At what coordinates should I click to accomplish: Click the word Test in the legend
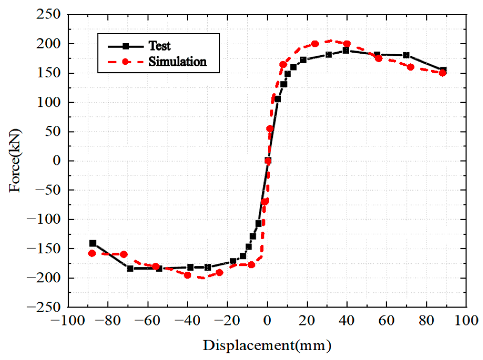pyautogui.click(x=160, y=46)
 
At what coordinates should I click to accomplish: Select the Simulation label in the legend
pyautogui.click(x=177, y=62)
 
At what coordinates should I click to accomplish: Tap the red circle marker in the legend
pyautogui.click(x=126, y=62)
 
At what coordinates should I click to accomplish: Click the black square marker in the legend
pyautogui.click(x=126, y=46)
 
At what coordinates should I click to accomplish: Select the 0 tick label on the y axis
pyautogui.click(x=57, y=161)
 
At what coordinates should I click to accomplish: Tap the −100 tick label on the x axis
pyautogui.click(x=68, y=321)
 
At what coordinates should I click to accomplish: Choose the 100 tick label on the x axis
pyautogui.click(x=466, y=321)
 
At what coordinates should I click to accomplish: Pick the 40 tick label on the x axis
pyautogui.click(x=347, y=321)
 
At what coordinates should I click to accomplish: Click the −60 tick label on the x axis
pyautogui.click(x=148, y=321)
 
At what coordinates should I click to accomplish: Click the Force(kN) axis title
pyautogui.click(x=15, y=161)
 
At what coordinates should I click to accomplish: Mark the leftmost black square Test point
pyautogui.click(x=93, y=243)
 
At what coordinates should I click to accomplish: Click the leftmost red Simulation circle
pyautogui.click(x=92, y=253)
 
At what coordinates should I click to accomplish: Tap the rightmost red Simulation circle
pyautogui.click(x=443, y=73)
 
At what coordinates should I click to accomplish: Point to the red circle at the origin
pyautogui.click(x=268, y=161)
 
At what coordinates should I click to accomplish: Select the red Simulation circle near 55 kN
pyautogui.click(x=270, y=129)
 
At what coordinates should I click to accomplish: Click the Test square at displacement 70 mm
pyautogui.click(x=406, y=55)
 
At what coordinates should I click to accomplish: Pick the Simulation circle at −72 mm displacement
pyautogui.click(x=124, y=254)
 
